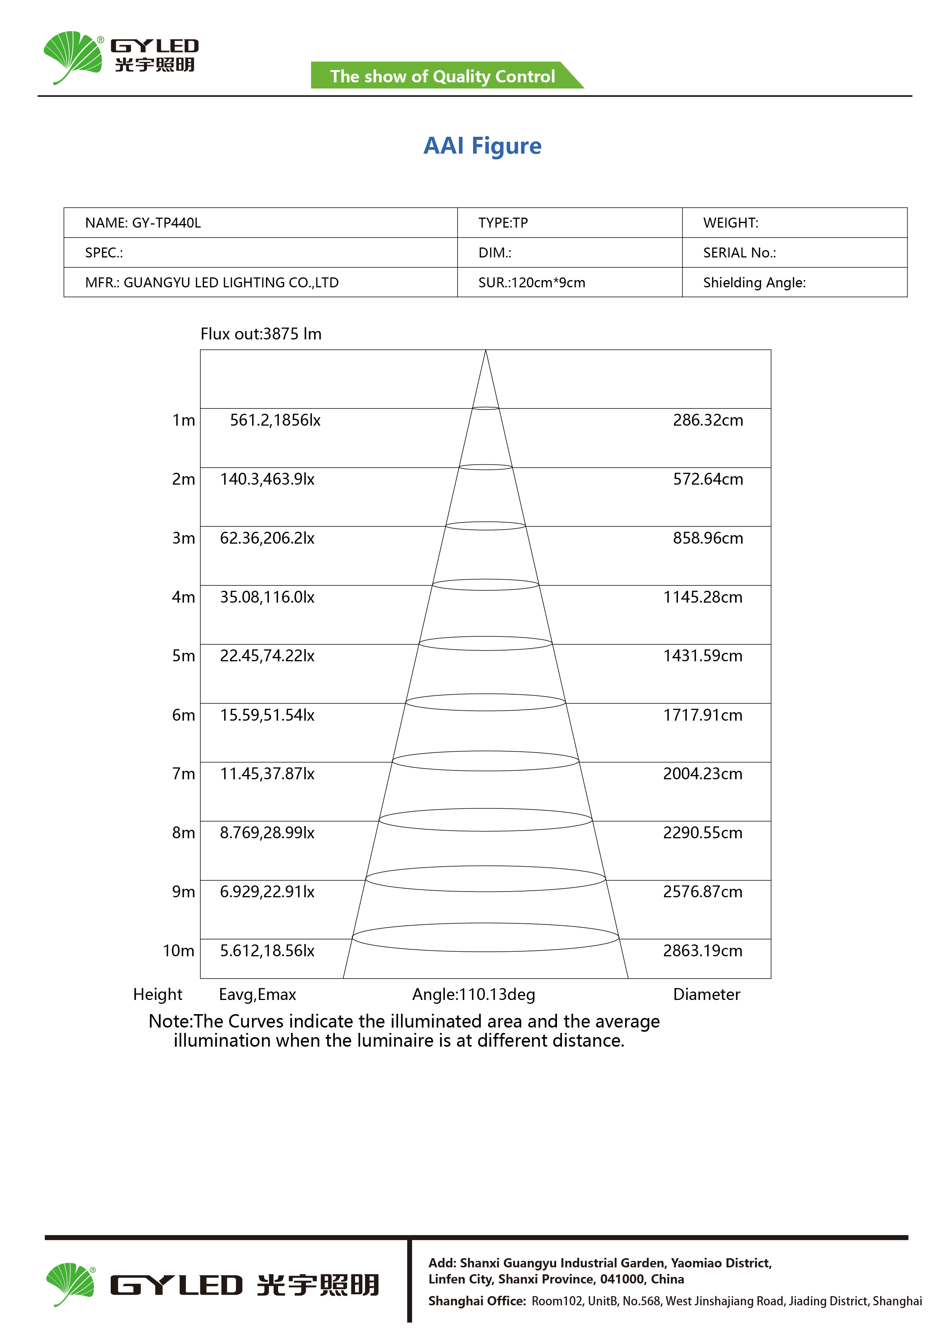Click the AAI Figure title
(482, 146)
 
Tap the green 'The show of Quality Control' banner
(442, 76)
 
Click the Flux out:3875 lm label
(261, 334)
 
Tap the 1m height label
(183, 420)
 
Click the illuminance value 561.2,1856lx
(275, 420)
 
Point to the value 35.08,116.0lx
(267, 597)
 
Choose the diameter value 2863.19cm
(703, 951)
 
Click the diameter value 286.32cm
(708, 420)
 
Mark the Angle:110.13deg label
(473, 995)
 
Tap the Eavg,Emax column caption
(257, 995)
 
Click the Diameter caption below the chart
(706, 995)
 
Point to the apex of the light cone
(485, 351)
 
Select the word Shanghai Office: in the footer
(477, 1301)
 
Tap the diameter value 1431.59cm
(703, 656)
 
